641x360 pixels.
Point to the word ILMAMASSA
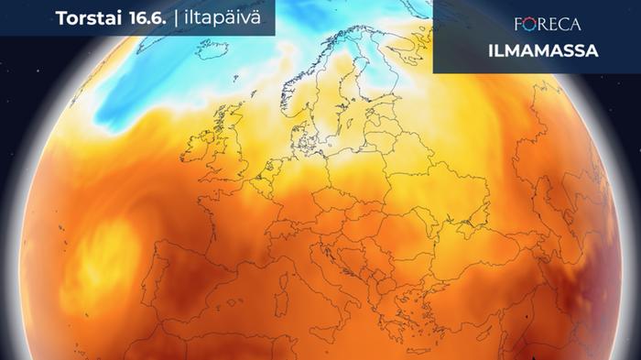(x=535, y=51)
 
